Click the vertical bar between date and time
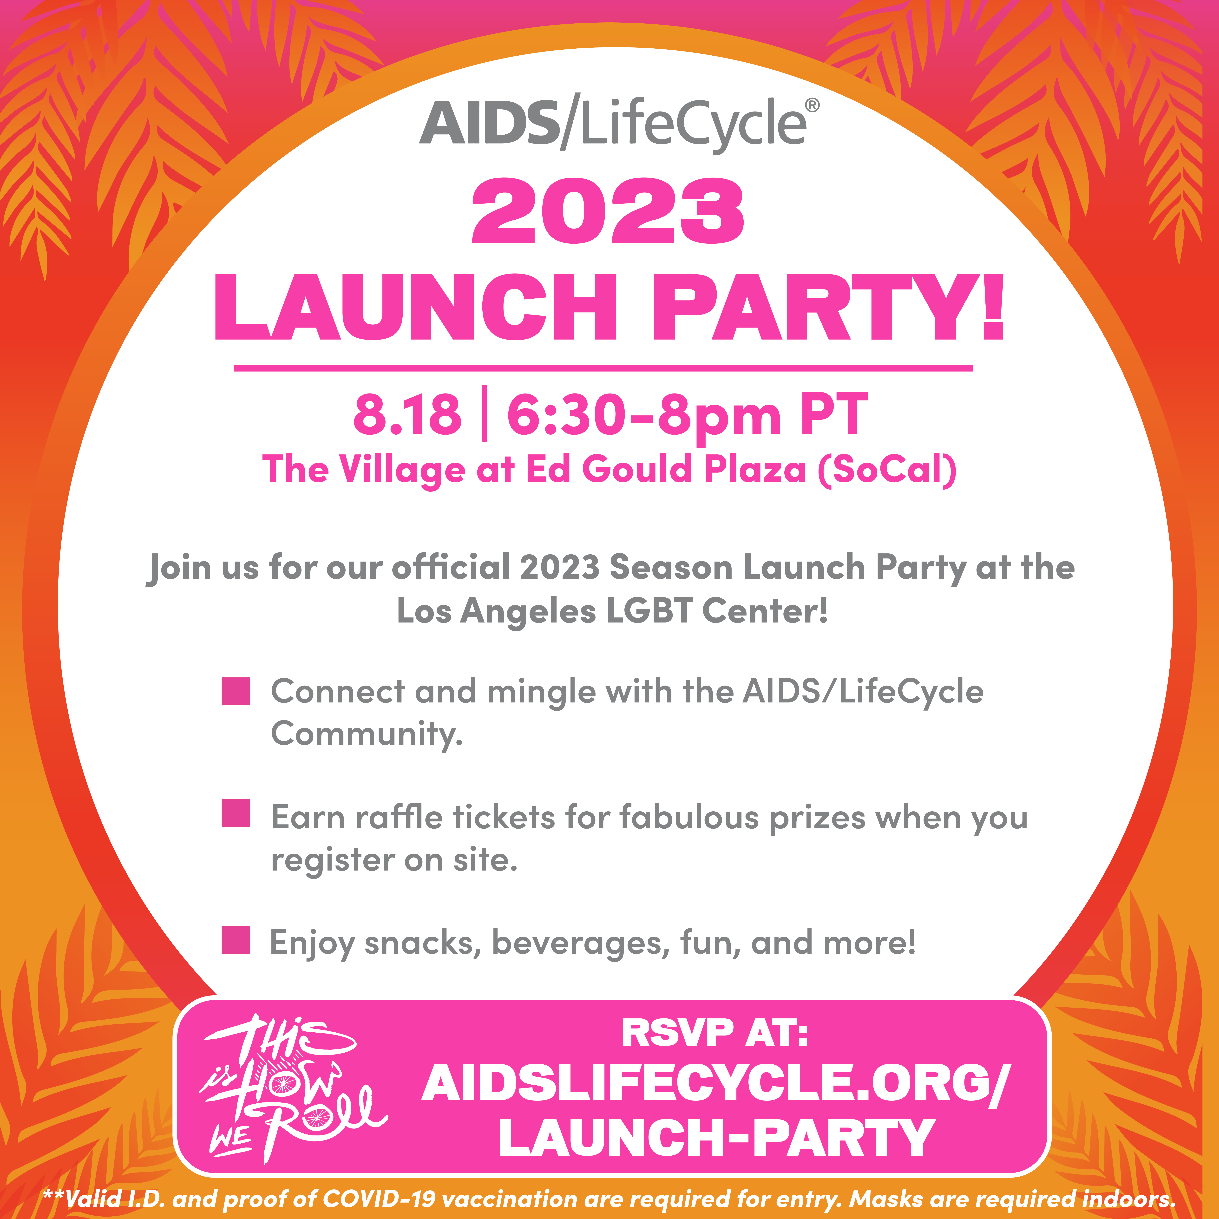[484, 415]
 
